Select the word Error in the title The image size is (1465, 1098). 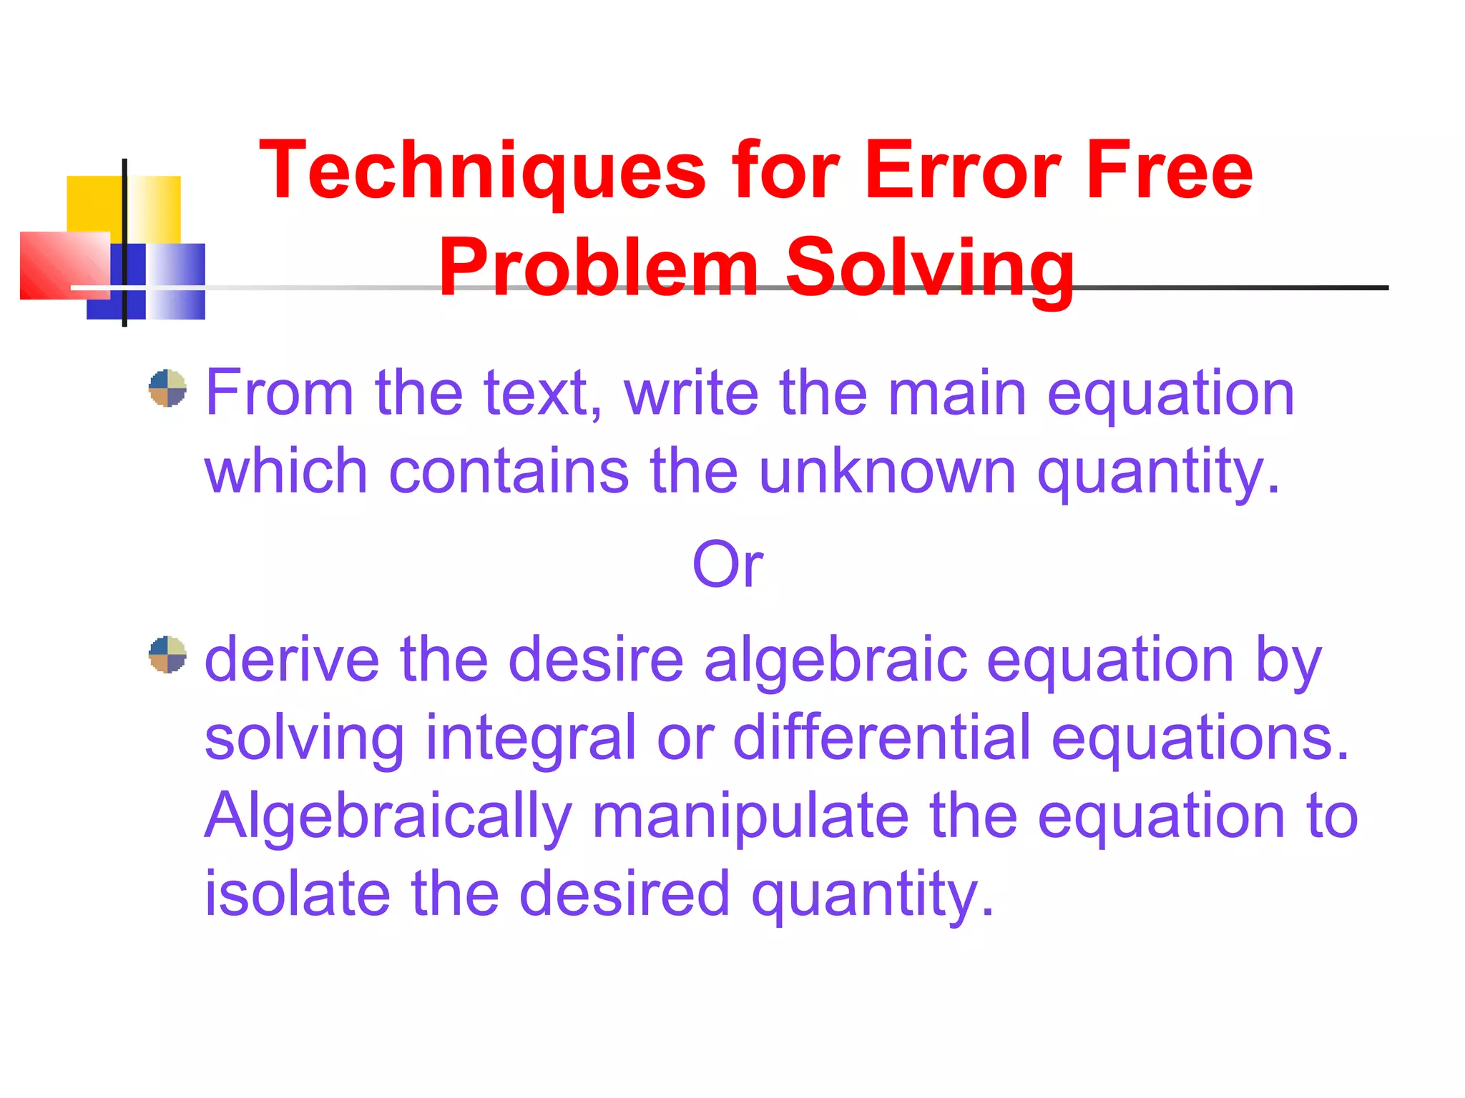tap(963, 172)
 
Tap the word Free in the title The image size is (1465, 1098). tap(1169, 172)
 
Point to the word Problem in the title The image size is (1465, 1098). tap(598, 269)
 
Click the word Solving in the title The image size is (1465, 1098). tap(930, 269)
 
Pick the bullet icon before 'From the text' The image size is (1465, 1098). tap(167, 388)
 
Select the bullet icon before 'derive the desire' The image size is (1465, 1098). tap(167, 655)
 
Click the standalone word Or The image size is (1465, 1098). tap(727, 565)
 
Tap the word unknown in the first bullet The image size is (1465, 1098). tap(887, 472)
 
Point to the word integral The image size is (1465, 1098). tap(530, 738)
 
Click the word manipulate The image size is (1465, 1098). tap(750, 816)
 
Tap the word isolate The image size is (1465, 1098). tap(298, 894)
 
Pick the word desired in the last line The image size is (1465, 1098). tap(624, 894)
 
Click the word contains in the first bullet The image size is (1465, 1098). tap(509, 472)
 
